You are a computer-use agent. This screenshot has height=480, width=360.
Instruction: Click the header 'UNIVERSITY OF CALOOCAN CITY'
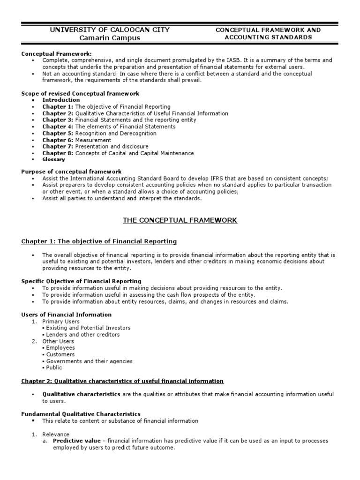click(110, 30)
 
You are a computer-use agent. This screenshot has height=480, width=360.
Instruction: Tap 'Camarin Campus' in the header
click(110, 38)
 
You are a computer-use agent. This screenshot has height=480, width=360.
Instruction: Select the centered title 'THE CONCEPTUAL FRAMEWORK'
click(180, 220)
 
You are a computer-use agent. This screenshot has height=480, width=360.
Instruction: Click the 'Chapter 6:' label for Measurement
click(58, 140)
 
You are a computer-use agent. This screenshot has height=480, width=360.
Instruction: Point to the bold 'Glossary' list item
click(53, 159)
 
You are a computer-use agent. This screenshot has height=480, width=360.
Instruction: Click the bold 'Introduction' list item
click(61, 100)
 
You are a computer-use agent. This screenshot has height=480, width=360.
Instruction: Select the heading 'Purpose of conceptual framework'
click(71, 172)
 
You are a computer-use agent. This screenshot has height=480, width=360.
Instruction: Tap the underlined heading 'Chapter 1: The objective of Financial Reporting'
click(99, 241)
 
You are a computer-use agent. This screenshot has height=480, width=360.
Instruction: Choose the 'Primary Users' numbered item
click(61, 322)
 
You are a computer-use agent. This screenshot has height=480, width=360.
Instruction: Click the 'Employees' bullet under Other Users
click(60, 348)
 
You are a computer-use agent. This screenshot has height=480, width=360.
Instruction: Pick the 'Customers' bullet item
click(60, 354)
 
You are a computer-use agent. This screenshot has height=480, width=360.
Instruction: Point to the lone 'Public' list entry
click(55, 368)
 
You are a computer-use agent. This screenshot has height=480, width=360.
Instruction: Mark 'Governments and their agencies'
click(89, 361)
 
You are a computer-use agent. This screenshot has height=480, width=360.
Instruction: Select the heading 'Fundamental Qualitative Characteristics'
click(81, 414)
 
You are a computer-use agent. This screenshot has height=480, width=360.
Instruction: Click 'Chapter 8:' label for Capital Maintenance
click(58, 153)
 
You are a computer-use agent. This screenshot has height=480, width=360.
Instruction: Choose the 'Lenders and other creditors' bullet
click(83, 335)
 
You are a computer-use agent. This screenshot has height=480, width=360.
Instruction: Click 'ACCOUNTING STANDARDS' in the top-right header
click(268, 37)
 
